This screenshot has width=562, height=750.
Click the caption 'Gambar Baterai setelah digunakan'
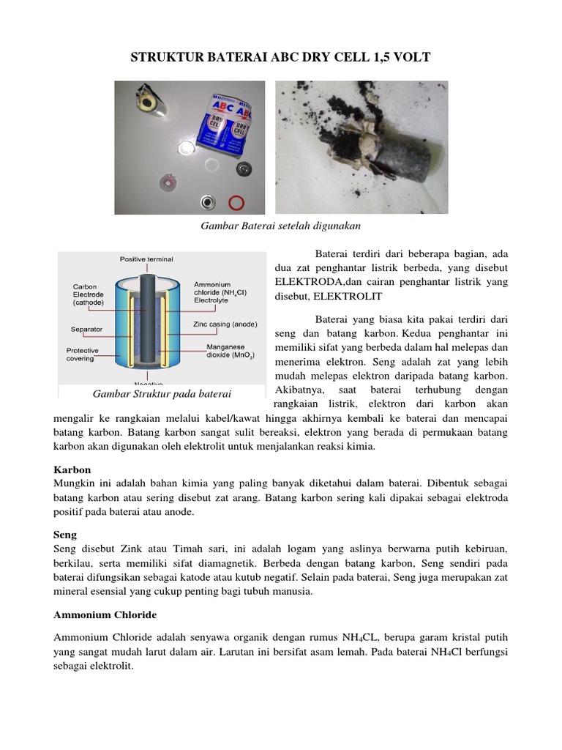(x=281, y=226)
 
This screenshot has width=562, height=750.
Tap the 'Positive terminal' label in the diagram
(x=146, y=259)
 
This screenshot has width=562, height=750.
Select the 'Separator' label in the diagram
(x=87, y=330)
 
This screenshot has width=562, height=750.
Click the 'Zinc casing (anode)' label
(x=225, y=323)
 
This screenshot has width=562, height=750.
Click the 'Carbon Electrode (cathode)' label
(x=89, y=294)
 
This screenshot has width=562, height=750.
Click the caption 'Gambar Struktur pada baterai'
(x=162, y=394)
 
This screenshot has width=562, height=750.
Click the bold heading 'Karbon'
(x=72, y=469)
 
